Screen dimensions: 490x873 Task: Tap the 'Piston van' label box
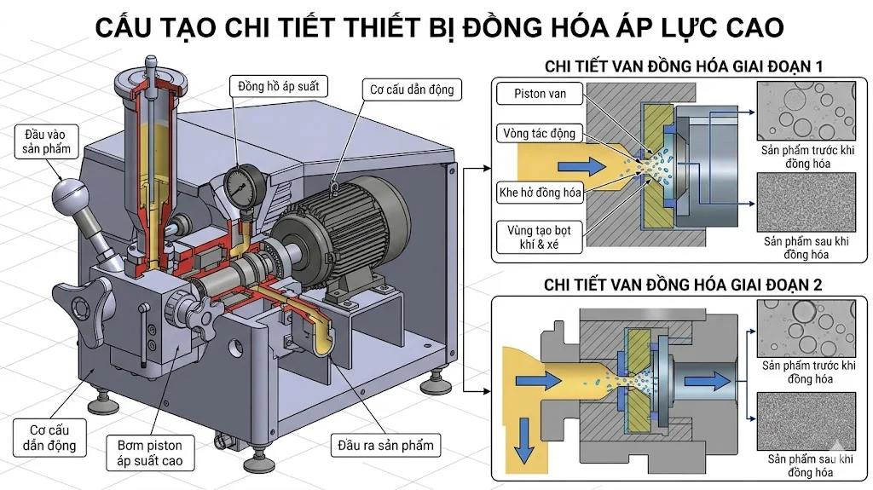[x=541, y=94]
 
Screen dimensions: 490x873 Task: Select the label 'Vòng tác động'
[x=540, y=133]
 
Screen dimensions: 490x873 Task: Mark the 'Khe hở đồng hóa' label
[x=540, y=193]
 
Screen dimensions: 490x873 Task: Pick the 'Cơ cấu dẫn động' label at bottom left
[x=48, y=437]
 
